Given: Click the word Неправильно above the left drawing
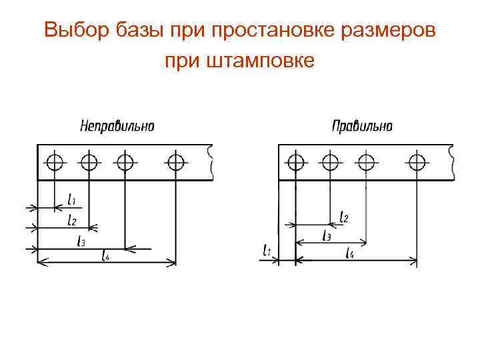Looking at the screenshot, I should point(117,125).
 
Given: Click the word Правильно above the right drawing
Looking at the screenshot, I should point(362,125).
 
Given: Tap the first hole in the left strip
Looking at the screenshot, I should point(55,161).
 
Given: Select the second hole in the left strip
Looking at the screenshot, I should point(89,161).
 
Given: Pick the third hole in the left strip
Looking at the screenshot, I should point(125,161).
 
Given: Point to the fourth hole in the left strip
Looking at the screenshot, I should point(176,161).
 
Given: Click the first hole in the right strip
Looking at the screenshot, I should point(295,161).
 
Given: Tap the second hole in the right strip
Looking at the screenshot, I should point(329,161).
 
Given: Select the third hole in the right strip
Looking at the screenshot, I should point(366,161).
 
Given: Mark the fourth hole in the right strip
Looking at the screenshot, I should point(417,161).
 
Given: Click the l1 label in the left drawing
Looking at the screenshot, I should point(72,199).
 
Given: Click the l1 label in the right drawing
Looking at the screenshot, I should point(268,251).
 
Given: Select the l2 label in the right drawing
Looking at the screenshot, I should point(344,217).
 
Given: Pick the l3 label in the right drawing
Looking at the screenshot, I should point(327,235).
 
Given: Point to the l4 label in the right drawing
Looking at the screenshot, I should point(351,252).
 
